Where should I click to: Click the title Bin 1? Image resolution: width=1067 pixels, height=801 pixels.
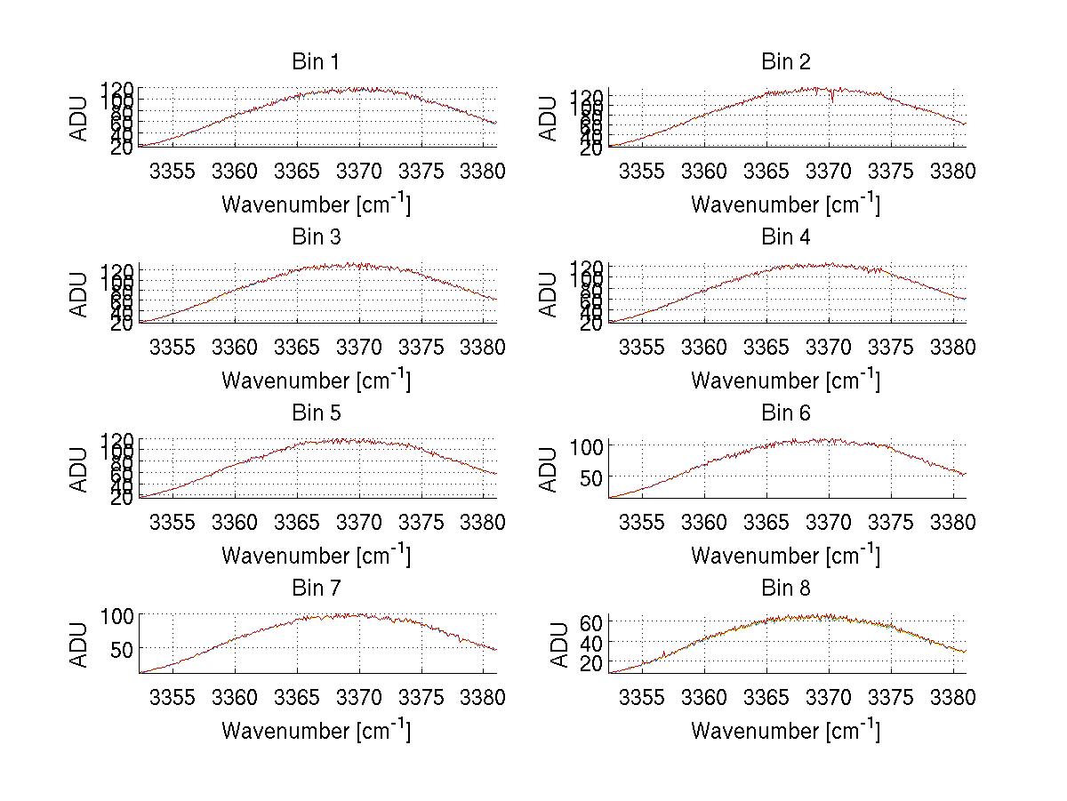(x=316, y=62)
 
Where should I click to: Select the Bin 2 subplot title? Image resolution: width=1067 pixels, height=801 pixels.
(x=786, y=62)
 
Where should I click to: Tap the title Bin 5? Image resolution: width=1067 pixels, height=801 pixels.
(x=316, y=413)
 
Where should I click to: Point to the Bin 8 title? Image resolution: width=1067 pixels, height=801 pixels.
(x=786, y=589)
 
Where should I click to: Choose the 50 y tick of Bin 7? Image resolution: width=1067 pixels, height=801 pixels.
(x=124, y=649)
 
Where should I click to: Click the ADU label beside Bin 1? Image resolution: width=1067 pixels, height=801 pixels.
(x=81, y=117)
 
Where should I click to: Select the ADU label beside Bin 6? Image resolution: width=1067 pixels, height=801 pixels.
(x=550, y=469)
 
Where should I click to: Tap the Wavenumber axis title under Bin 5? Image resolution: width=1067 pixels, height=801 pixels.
(x=316, y=556)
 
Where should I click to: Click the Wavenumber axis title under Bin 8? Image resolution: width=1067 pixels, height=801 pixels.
(x=786, y=731)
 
